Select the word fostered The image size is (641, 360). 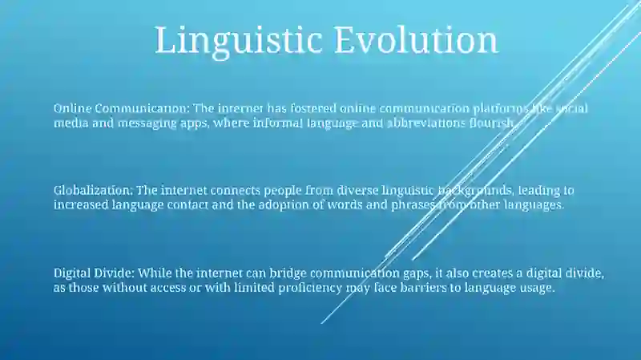tap(313, 108)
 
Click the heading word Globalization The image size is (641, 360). tap(93, 190)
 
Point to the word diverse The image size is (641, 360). tap(357, 190)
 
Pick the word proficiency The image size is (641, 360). tap(310, 288)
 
